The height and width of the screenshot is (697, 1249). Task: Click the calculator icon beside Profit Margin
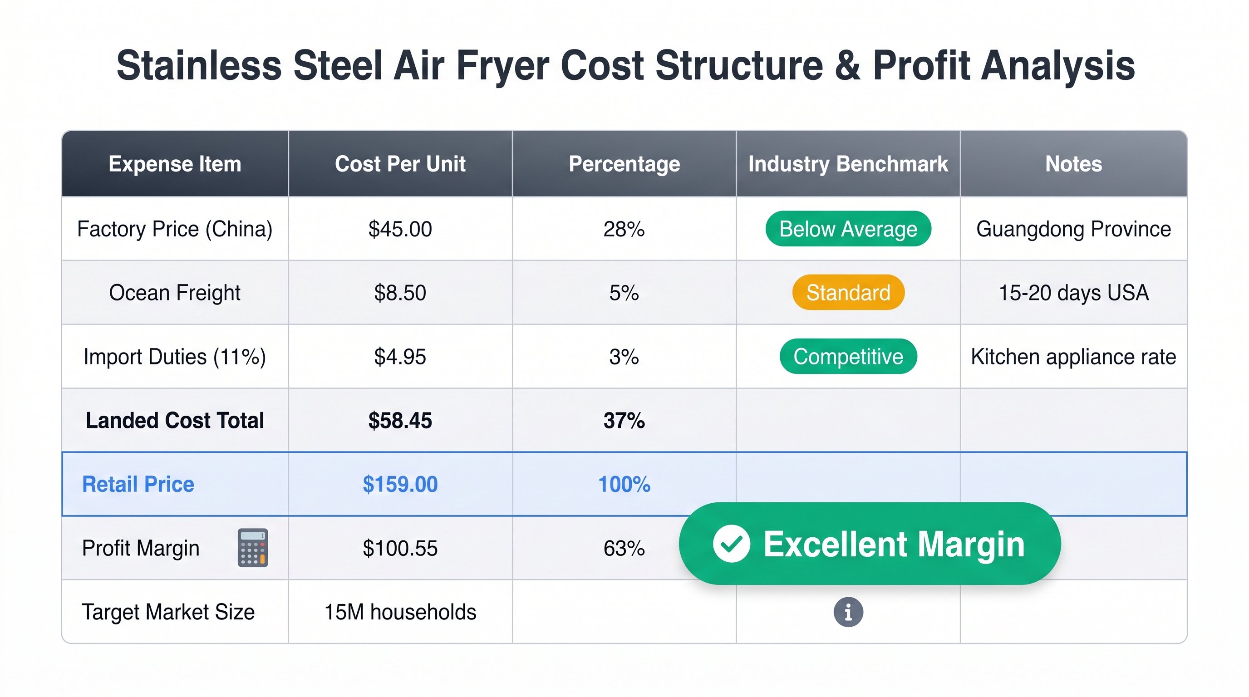click(x=253, y=548)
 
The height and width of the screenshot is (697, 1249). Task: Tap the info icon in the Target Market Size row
click(x=848, y=612)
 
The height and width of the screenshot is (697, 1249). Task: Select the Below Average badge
click(x=848, y=229)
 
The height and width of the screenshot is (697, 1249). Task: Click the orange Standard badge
click(x=848, y=293)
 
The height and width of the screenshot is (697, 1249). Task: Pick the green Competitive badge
click(x=848, y=357)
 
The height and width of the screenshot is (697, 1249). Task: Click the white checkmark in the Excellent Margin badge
click(x=731, y=544)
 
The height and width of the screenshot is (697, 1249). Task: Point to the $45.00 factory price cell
click(x=400, y=229)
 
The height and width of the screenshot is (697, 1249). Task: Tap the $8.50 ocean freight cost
click(x=400, y=293)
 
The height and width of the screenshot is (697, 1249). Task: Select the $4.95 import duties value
click(x=400, y=357)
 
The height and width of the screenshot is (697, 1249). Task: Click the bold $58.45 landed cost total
click(x=400, y=421)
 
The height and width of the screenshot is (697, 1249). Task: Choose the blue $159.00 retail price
click(x=400, y=484)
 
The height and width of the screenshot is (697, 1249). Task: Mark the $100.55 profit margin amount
click(x=400, y=548)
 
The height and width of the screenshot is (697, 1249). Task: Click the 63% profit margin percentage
click(x=624, y=548)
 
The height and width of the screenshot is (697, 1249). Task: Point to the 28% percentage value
click(x=624, y=229)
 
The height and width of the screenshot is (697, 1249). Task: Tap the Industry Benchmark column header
click(x=848, y=164)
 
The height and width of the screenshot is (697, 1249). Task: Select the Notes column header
click(x=1073, y=164)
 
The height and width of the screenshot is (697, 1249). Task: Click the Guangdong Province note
click(x=1073, y=229)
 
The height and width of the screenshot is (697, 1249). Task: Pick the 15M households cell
click(x=400, y=612)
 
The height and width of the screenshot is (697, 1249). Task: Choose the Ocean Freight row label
click(x=175, y=293)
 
